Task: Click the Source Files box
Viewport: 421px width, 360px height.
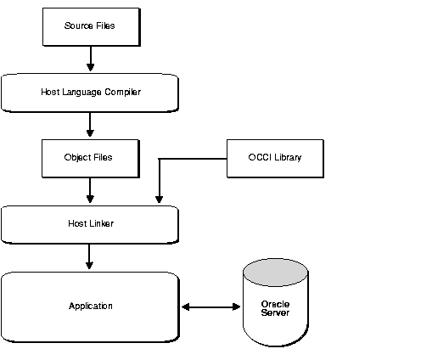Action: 89,25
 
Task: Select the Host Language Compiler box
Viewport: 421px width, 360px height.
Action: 90,92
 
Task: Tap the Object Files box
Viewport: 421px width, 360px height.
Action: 89,158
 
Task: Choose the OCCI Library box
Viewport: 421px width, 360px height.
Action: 275,158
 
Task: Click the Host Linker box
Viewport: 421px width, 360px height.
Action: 90,224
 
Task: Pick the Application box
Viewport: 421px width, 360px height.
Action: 90,306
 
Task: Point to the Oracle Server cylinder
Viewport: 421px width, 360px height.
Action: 275,306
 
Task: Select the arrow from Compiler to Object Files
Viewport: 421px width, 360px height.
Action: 89,124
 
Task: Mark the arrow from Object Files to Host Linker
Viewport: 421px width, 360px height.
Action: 89,190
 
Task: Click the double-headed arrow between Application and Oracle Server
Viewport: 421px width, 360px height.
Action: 211,306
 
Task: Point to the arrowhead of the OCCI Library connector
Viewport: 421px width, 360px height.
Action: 159,201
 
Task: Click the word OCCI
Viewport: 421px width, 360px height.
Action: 259,158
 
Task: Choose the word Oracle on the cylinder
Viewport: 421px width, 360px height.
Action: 275,303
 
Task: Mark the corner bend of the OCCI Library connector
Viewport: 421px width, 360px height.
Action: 159,158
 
